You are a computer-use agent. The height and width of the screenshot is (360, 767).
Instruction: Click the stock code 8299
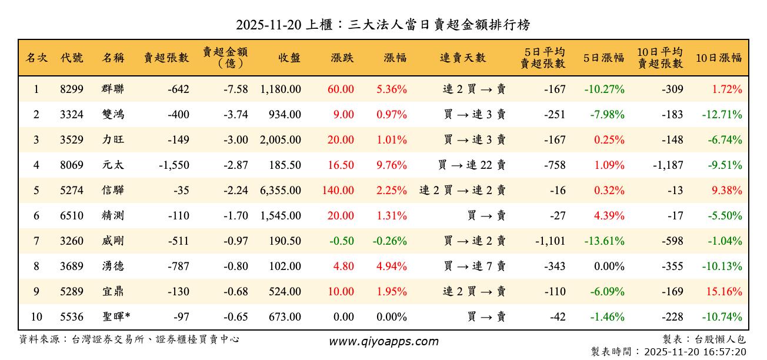(72, 89)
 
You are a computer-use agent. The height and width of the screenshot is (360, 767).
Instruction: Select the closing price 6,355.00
(281, 191)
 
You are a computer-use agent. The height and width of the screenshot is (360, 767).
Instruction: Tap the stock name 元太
(112, 165)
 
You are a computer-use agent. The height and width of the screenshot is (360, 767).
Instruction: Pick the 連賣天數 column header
(463, 58)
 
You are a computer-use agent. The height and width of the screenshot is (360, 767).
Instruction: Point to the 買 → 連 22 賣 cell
(472, 165)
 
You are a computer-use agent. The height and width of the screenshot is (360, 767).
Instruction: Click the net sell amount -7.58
(235, 89)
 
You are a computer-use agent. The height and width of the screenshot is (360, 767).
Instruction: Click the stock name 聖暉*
(116, 317)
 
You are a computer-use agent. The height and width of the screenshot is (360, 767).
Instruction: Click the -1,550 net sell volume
(174, 165)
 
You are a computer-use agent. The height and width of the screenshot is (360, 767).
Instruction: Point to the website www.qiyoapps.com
(383, 341)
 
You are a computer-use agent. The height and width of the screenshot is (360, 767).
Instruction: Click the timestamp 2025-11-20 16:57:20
(695, 352)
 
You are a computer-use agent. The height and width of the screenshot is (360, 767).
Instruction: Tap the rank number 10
(36, 317)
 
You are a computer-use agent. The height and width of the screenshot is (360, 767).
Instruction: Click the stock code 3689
(72, 266)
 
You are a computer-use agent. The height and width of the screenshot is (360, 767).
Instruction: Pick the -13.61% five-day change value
(604, 241)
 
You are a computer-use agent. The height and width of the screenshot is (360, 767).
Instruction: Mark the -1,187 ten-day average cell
(668, 165)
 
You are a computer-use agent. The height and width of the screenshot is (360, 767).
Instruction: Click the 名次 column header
(36, 58)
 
